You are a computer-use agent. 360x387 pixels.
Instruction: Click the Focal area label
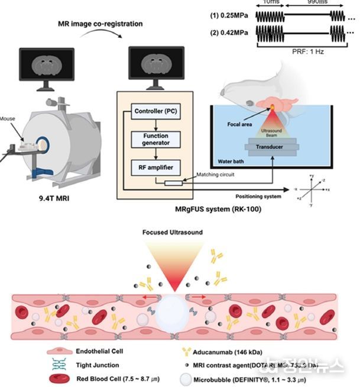click(242, 125)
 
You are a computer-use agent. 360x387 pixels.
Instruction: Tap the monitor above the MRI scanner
click(46, 69)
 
